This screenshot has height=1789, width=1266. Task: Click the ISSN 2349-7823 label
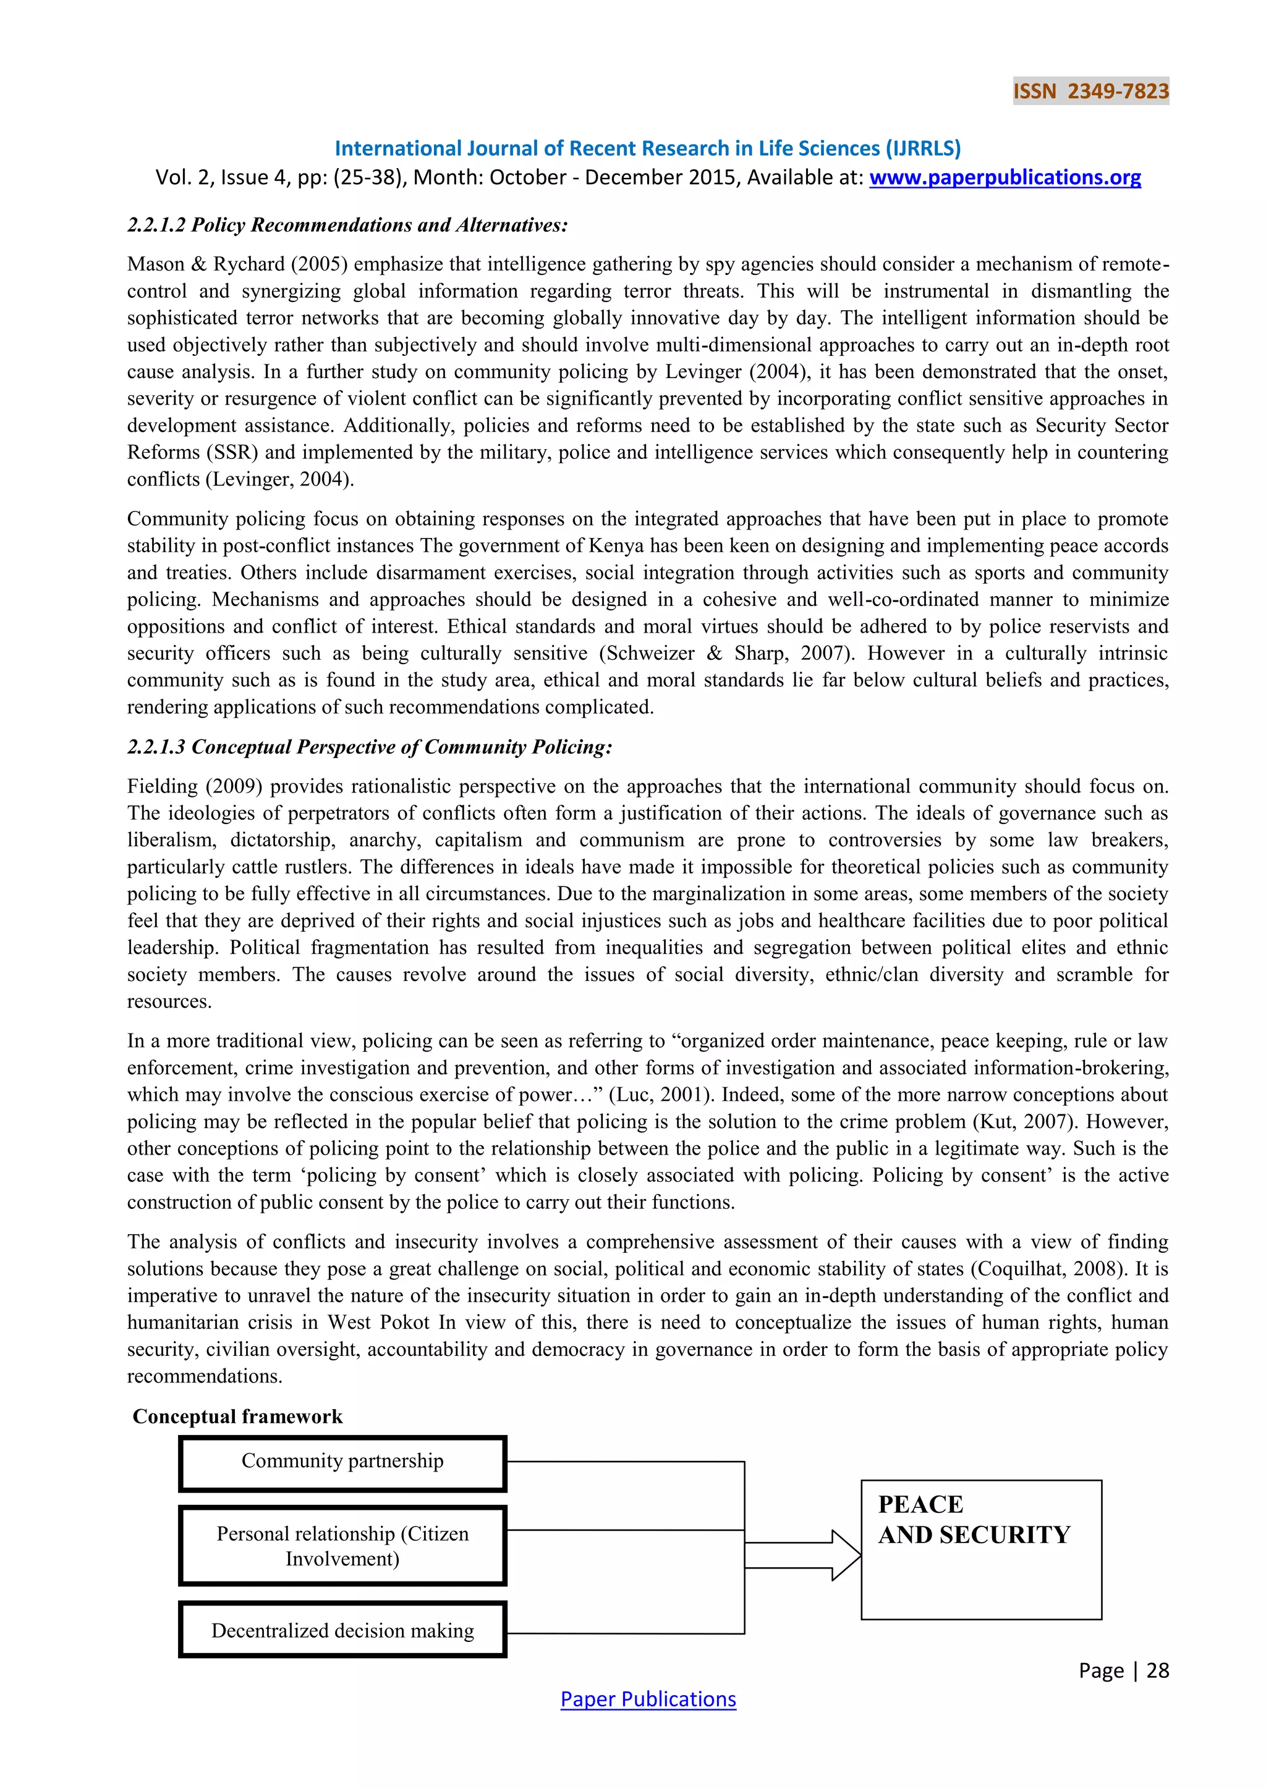1090,92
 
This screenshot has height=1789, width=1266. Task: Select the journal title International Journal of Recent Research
647,148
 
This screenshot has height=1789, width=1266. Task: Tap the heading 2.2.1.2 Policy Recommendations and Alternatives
347,225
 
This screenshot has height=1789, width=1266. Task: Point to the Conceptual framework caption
238,1416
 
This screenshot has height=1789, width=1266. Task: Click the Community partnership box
342,1463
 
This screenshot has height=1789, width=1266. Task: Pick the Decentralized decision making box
342,1630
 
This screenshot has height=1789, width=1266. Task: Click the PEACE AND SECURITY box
980,1549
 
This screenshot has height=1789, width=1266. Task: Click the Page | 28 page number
1123,1670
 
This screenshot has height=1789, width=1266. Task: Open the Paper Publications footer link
648,1699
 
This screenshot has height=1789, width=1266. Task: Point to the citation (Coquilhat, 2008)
1048,1268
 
